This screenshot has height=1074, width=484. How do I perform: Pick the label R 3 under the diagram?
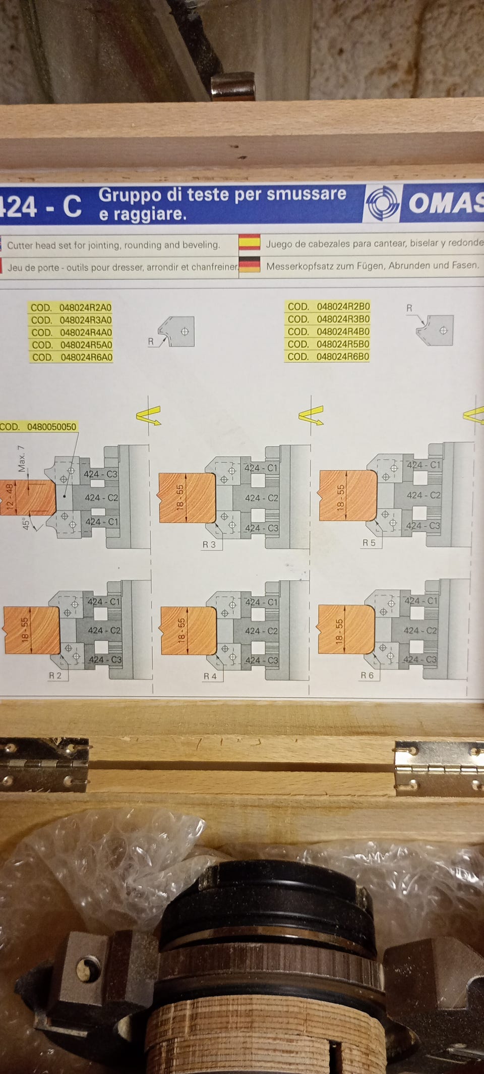click(x=209, y=544)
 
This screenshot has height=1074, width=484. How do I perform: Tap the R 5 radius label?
click(x=369, y=543)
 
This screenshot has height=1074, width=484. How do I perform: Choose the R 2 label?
click(x=55, y=675)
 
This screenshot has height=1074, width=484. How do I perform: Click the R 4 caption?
click(x=210, y=676)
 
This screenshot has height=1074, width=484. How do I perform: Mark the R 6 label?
click(x=367, y=675)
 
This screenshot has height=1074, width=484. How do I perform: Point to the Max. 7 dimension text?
click(x=22, y=459)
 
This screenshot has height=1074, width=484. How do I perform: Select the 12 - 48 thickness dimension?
click(x=10, y=497)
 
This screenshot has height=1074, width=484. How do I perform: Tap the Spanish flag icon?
click(x=249, y=242)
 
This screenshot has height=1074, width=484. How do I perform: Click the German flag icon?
click(x=249, y=265)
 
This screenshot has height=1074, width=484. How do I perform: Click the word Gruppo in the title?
click(x=130, y=195)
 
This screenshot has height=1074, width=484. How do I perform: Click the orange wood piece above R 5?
click(x=348, y=495)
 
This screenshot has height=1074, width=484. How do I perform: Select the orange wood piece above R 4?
click(x=188, y=631)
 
